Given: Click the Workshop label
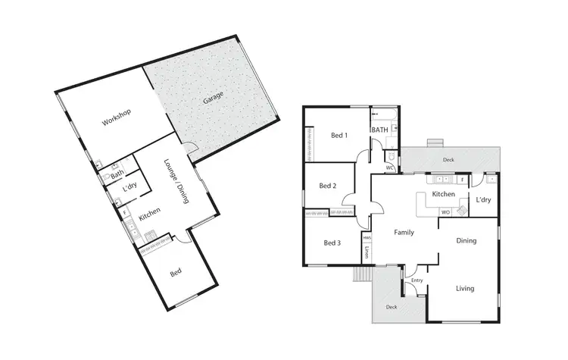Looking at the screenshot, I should coord(118,118).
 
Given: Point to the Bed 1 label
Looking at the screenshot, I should coord(339,136).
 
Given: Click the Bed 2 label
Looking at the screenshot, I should coord(327,186).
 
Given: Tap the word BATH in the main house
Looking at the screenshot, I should coord(380,130).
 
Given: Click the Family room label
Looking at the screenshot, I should coord(404,232).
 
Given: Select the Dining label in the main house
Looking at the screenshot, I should coord(466,241).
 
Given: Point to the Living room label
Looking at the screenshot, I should coord(465,288).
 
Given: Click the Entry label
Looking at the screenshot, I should coord(417,280).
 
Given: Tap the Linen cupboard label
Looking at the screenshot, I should coord(367,252).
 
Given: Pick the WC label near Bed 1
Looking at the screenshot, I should coord(389,167).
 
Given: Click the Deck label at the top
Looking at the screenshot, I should coord(448,160).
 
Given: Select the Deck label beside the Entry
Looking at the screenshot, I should coord(391,307).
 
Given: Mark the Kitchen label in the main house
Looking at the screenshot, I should coord(443,195).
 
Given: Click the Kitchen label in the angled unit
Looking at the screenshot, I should coord(148,215).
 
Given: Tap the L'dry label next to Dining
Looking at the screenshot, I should coord(483,200).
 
